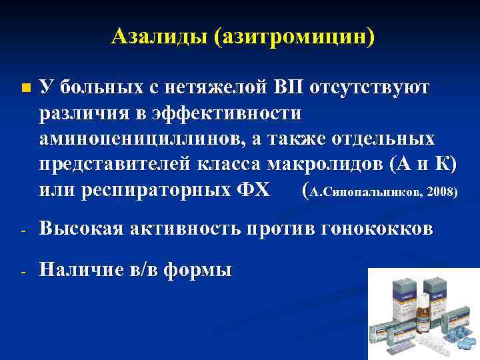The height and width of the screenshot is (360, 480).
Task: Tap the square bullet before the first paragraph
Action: coord(25,88)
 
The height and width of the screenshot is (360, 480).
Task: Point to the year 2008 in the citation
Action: coord(441,192)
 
